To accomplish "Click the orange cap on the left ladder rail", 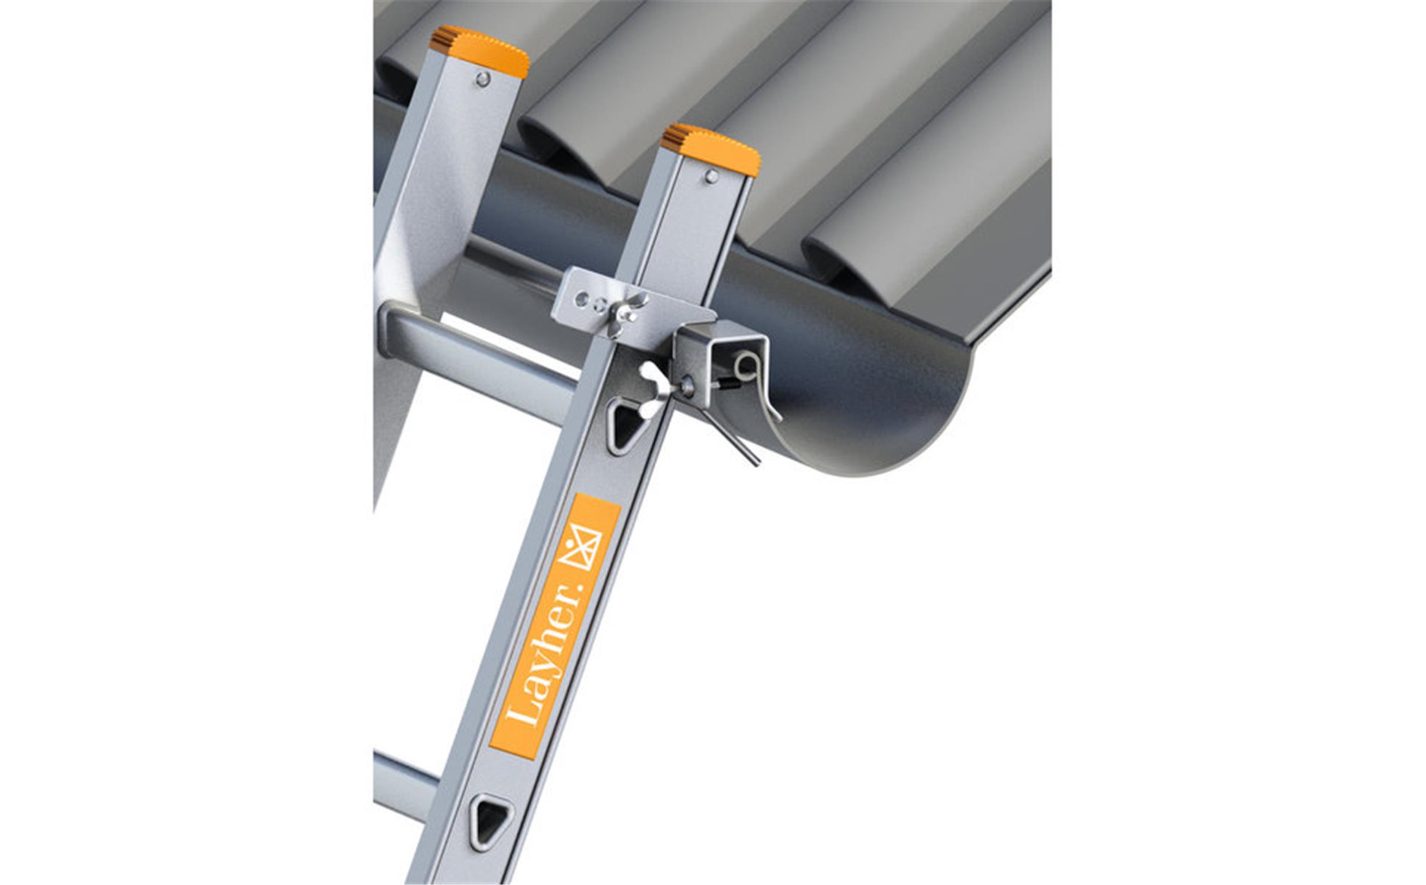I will [x=480, y=50].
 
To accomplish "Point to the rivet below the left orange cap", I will [x=483, y=78].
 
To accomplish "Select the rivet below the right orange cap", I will [x=711, y=176].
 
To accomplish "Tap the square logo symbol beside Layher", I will [x=582, y=546].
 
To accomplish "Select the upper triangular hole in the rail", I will [x=623, y=425].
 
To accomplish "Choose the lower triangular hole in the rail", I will [x=491, y=820].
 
